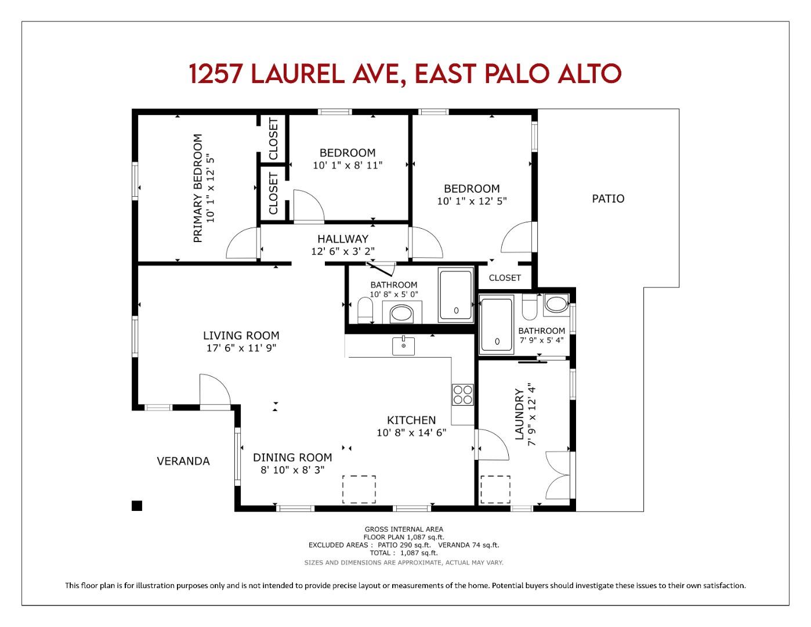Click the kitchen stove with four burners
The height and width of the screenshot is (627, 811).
pos(463,395)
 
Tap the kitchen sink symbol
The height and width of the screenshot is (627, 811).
pos(403,345)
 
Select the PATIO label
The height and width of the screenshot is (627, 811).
pos(608,199)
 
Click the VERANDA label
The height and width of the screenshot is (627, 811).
pos(183,461)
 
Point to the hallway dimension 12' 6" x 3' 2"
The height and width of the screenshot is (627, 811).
pos(343,251)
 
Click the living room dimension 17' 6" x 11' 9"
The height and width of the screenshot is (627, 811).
pos(241,348)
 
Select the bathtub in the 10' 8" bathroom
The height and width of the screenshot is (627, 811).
pos(456,294)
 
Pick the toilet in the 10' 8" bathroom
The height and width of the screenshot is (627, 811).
pos(365,310)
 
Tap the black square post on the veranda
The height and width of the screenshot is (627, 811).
pos(137,506)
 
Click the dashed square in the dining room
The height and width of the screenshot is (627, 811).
pos(359,489)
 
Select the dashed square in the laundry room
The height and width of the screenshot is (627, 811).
pos(495,489)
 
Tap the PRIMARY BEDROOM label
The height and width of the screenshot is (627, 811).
pos(198,188)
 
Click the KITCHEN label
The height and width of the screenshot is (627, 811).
pos(411,420)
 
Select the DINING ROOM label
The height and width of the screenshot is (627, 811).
pos(292,457)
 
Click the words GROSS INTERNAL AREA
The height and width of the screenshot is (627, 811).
pos(404,529)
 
